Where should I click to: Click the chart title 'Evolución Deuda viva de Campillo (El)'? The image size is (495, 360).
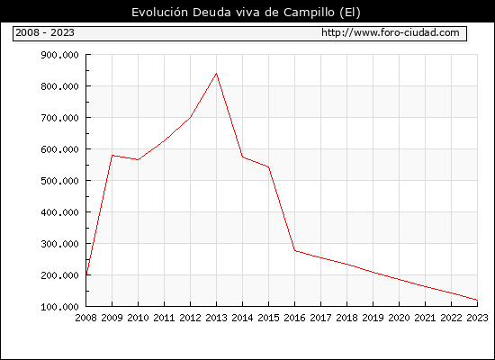click(x=246, y=13)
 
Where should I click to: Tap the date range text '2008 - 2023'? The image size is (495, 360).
click(x=45, y=32)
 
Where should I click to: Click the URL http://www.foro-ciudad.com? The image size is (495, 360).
click(x=391, y=32)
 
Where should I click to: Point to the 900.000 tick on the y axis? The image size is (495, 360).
click(x=59, y=55)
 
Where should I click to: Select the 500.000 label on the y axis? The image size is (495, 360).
click(x=59, y=181)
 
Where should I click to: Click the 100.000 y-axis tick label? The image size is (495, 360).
click(x=59, y=307)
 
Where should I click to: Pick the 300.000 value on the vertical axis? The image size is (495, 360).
click(x=59, y=244)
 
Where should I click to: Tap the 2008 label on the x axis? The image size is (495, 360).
click(x=85, y=318)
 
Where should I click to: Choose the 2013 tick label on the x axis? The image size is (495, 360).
click(x=216, y=318)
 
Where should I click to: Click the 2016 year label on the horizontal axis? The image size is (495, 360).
click(x=294, y=318)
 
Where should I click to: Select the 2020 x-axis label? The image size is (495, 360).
click(x=399, y=318)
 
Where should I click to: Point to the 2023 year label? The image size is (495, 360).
click(x=477, y=318)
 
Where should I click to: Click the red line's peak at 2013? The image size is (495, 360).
click(x=216, y=74)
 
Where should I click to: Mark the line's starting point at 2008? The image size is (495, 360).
click(x=86, y=274)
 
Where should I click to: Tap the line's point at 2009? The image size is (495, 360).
click(x=112, y=156)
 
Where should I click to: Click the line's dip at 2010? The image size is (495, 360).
click(x=139, y=160)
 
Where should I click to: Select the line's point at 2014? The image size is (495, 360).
click(x=242, y=157)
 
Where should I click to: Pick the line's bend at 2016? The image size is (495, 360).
click(x=295, y=251)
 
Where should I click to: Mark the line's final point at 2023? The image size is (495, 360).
click(x=477, y=300)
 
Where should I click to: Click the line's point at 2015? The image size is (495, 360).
click(x=269, y=167)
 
